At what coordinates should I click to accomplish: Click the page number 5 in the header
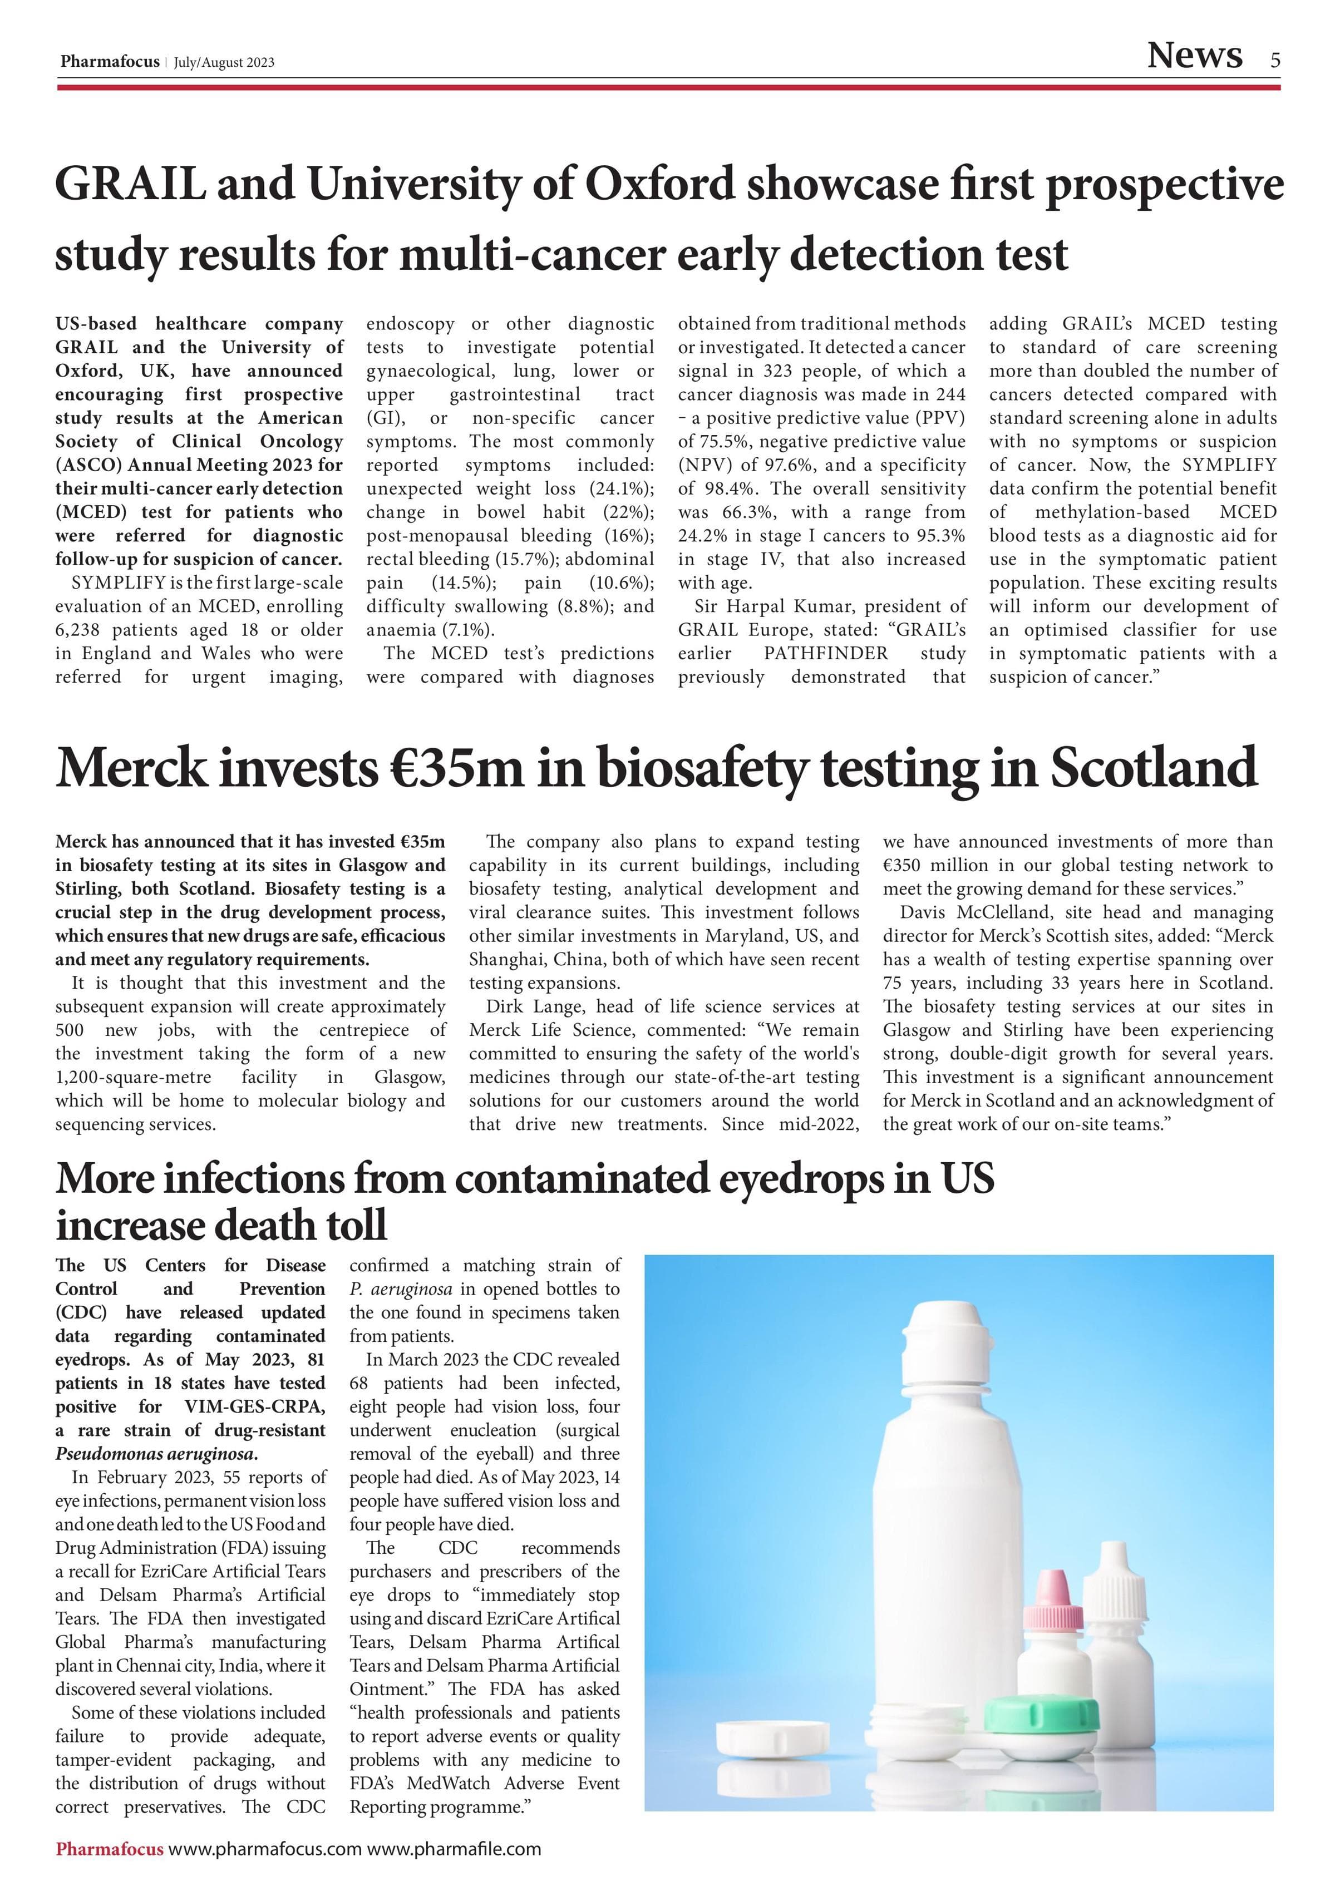click(x=1275, y=60)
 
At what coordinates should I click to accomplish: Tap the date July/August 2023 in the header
click(x=224, y=63)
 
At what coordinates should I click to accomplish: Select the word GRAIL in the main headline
click(x=130, y=184)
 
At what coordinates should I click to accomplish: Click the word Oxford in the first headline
click(x=659, y=184)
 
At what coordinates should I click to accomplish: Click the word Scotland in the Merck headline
click(x=1153, y=768)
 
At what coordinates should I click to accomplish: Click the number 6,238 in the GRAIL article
click(x=84, y=630)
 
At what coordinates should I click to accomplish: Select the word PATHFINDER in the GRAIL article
click(x=825, y=653)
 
